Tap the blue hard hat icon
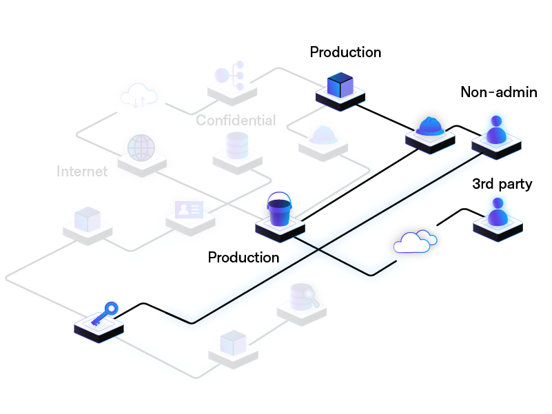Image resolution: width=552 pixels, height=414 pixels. click(429, 126)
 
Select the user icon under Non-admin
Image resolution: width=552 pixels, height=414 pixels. click(495, 130)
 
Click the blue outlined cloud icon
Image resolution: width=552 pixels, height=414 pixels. click(415, 242)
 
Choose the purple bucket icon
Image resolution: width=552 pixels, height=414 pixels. click(280, 210)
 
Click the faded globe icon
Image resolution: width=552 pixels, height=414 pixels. click(141, 147)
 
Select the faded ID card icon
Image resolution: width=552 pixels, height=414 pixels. click(189, 209)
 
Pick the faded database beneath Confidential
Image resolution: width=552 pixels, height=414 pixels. click(237, 145)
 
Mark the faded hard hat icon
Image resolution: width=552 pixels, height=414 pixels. click(323, 134)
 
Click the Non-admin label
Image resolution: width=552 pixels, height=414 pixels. click(499, 92)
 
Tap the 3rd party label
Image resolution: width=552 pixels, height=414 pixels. click(502, 184)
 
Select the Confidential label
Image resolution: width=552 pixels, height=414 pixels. click(236, 121)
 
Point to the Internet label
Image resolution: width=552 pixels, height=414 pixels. click(82, 172)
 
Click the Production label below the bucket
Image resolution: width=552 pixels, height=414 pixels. click(243, 258)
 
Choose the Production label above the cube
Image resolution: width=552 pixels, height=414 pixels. click(345, 52)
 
